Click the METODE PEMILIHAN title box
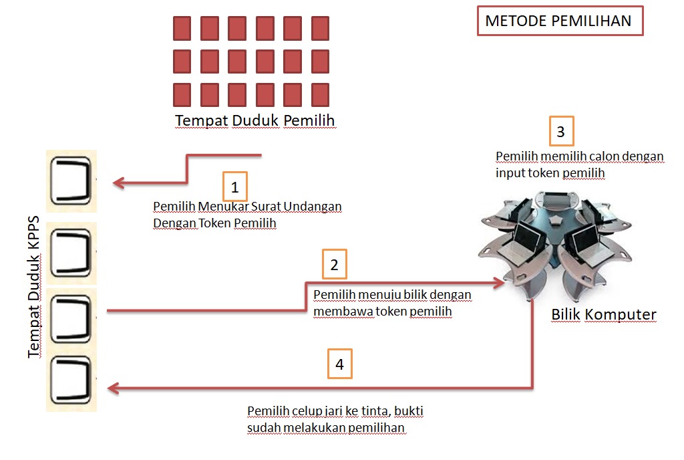(560, 21)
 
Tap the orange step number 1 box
(234, 188)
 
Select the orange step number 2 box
(334, 265)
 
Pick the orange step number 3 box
(560, 132)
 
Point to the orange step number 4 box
(339, 364)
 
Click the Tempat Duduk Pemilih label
(254, 120)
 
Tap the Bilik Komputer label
(604, 314)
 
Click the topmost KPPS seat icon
(72, 181)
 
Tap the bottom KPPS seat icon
(71, 383)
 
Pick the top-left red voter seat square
(182, 28)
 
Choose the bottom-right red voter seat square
(320, 94)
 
